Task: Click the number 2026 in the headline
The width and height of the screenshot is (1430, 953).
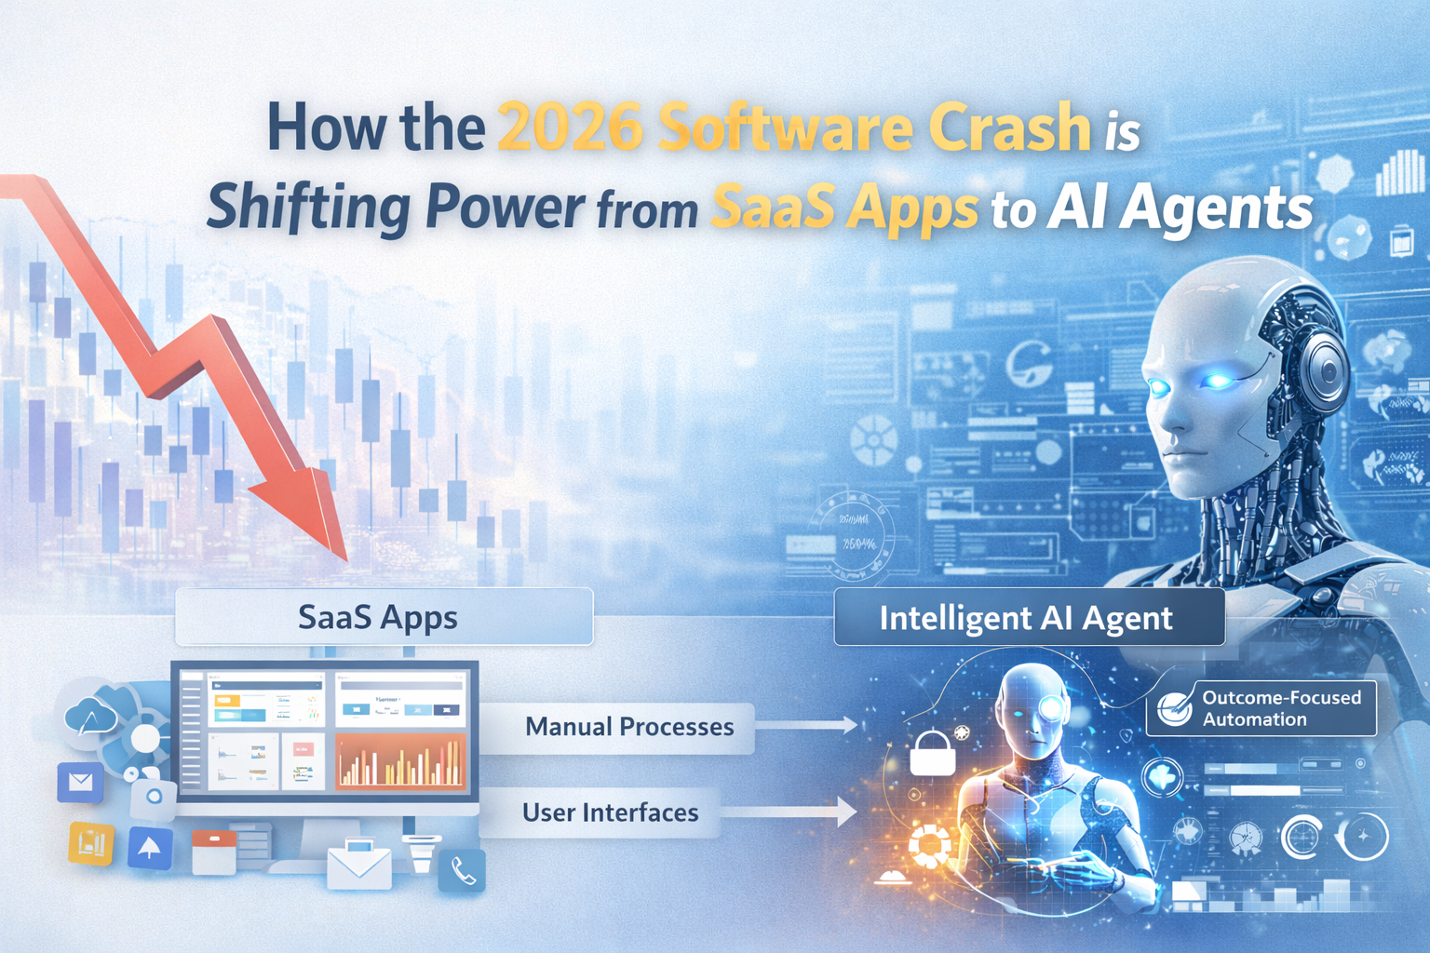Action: pos(570,128)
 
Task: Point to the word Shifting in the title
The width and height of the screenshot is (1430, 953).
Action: pos(307,208)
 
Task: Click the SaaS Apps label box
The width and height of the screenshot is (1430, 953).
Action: pos(384,617)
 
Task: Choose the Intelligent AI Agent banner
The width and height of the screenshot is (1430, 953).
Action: pos(1028,618)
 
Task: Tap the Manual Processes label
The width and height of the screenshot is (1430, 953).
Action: pos(628,727)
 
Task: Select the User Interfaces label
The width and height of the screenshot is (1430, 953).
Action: pos(610,812)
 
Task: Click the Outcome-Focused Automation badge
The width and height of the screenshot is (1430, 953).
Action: pos(1262,708)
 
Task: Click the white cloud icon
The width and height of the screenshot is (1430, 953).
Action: pos(90,718)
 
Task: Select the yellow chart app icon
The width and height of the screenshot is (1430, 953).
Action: pos(91,843)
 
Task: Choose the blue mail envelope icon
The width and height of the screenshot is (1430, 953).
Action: pos(80,783)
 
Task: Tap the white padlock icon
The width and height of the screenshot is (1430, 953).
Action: pos(932,754)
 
